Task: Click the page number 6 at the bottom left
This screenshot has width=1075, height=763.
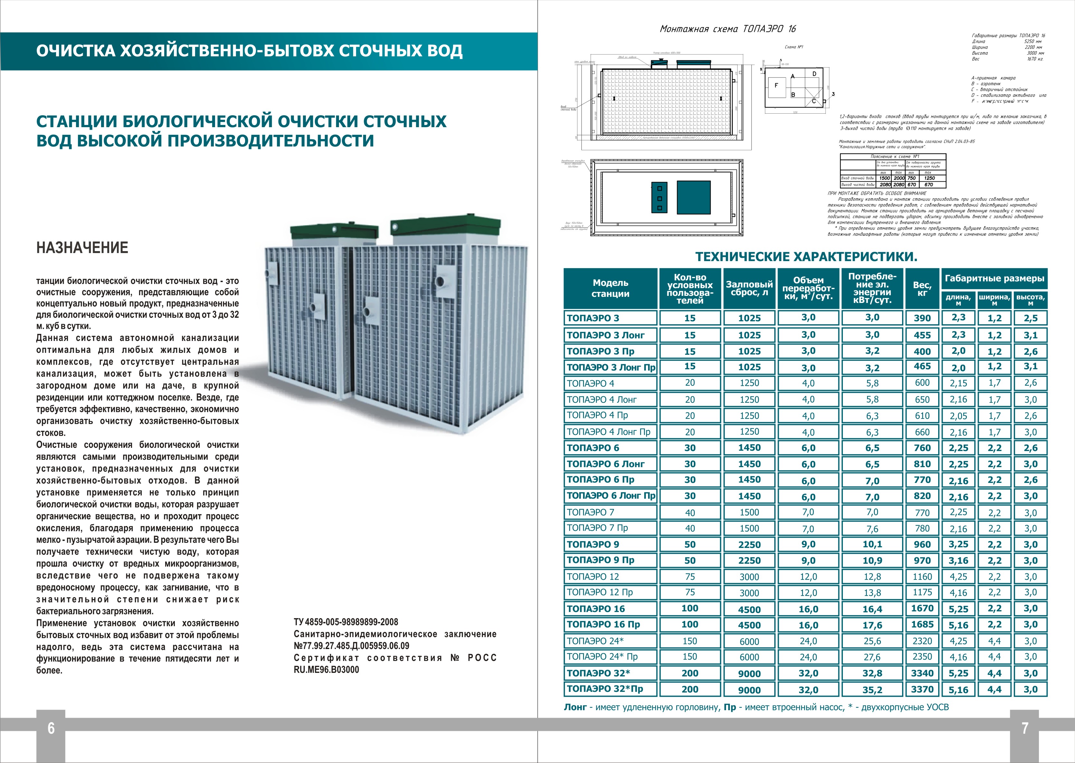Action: pyautogui.click(x=51, y=728)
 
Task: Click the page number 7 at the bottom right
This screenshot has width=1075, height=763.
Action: pyautogui.click(x=1025, y=728)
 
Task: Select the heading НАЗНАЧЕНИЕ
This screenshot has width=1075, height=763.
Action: pyautogui.click(x=82, y=248)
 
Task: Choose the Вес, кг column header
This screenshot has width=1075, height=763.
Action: pyautogui.click(x=922, y=288)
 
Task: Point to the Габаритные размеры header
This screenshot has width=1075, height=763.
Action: pyautogui.click(x=994, y=278)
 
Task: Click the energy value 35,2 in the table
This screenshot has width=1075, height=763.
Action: pyautogui.click(x=872, y=689)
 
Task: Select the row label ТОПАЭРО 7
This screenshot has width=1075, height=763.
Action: pyautogui.click(x=590, y=512)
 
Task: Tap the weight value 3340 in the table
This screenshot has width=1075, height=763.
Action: pyautogui.click(x=922, y=673)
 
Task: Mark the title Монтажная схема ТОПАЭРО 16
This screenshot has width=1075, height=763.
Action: pyautogui.click(x=728, y=29)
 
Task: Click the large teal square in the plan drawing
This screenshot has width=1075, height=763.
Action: pyautogui.click(x=693, y=197)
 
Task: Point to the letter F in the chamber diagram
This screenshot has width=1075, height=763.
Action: pyautogui.click(x=776, y=86)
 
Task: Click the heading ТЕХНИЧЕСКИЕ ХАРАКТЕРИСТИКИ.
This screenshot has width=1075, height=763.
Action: pyautogui.click(x=806, y=257)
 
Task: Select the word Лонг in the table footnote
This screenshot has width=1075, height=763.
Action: pyautogui.click(x=575, y=707)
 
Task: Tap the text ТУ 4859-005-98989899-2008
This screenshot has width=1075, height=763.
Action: pyautogui.click(x=346, y=622)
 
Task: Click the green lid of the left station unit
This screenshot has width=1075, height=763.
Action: pyautogui.click(x=334, y=231)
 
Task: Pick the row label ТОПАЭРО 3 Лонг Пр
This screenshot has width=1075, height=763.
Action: pyautogui.click(x=611, y=367)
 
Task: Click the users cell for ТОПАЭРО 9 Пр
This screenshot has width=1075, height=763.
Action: pyautogui.click(x=690, y=560)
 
